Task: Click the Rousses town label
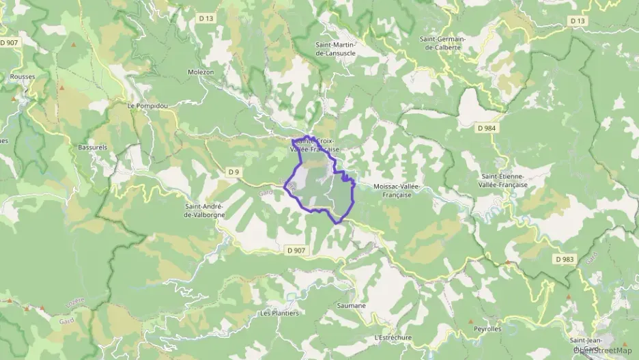click(23, 77)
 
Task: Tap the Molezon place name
click(201, 72)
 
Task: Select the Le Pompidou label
click(147, 106)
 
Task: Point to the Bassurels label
click(93, 147)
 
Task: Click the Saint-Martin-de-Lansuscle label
click(339, 49)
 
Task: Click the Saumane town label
click(352, 305)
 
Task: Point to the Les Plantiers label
click(279, 314)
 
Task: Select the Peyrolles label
click(487, 329)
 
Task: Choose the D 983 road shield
click(565, 260)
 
